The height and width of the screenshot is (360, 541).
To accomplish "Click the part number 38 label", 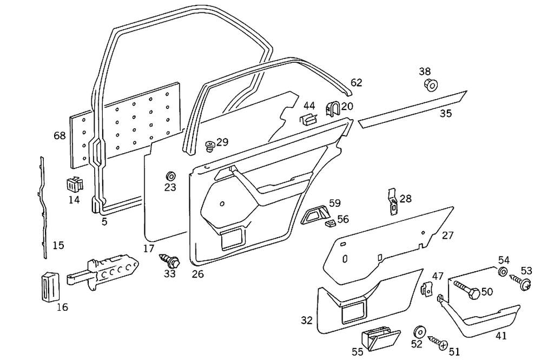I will click(425, 71).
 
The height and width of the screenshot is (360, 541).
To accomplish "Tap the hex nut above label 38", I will click(431, 84).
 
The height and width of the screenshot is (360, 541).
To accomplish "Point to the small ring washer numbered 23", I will click(170, 176).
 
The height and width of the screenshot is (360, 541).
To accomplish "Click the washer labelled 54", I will click(502, 272).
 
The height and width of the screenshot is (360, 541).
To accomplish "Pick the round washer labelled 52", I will click(418, 332).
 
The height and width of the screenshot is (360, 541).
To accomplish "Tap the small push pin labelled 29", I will click(210, 145).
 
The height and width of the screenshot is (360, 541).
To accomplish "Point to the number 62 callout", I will click(356, 83).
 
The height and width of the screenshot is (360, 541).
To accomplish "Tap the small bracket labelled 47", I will click(426, 289).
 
